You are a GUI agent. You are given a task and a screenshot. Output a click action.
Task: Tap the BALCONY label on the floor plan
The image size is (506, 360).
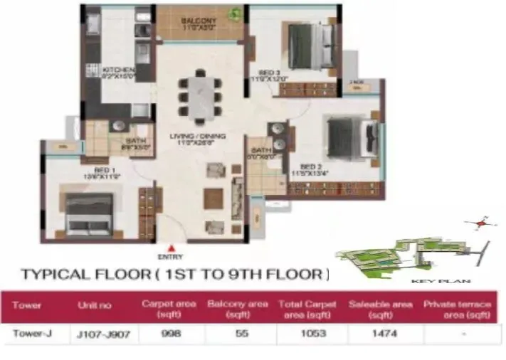coord(198,21)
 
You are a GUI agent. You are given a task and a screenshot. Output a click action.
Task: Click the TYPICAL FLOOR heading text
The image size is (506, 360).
coord(175,274)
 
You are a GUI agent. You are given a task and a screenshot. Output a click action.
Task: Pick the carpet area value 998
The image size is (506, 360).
coord(169,334)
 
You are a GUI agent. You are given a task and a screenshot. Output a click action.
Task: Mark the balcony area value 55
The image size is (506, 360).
coord(238,334)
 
